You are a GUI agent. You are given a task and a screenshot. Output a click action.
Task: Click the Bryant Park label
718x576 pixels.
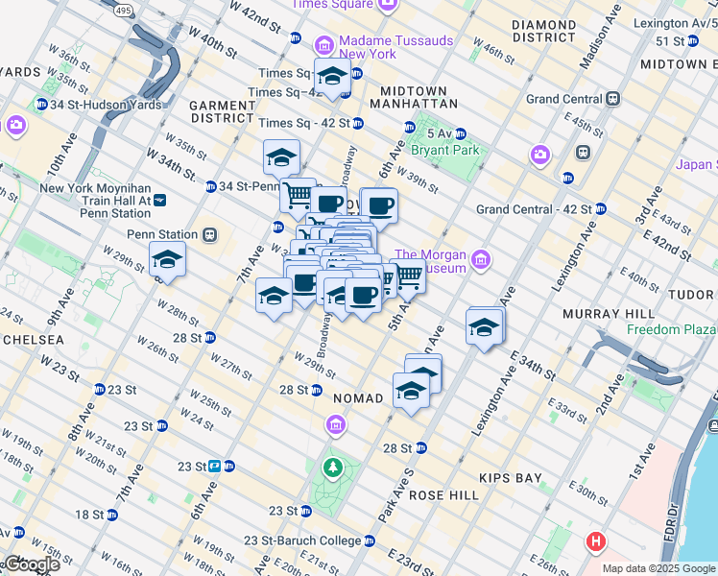point(444,151)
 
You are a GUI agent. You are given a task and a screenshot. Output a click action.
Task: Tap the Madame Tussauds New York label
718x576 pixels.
point(368,47)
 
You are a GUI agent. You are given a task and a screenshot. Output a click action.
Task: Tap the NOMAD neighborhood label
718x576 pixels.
point(358,397)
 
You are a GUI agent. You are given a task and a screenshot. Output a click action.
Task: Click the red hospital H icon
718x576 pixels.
point(596,542)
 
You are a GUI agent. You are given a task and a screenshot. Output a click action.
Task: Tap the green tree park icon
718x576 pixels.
point(332,468)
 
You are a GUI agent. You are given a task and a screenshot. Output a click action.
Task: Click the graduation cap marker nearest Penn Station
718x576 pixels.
point(168,260)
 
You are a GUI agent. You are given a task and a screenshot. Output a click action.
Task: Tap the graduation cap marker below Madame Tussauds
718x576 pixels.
point(332,76)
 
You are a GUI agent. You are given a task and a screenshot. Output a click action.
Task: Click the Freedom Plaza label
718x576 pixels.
point(671,329)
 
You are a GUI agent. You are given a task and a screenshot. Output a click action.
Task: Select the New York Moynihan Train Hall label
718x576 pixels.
point(96,200)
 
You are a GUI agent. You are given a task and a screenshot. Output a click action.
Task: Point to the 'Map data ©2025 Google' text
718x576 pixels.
point(658,568)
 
